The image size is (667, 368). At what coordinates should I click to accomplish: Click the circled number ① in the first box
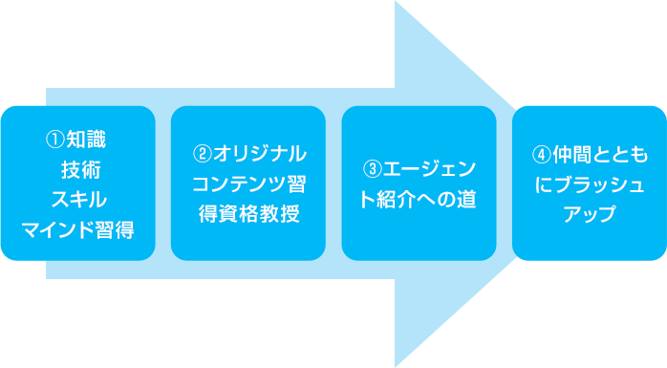point(55,140)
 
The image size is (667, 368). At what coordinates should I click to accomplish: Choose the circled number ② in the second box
point(202,154)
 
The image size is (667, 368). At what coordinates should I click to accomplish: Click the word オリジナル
point(259,154)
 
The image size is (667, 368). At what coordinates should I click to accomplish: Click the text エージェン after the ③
point(428,169)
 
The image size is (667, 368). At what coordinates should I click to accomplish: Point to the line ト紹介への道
point(419,199)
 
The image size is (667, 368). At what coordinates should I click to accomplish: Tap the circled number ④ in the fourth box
point(542,154)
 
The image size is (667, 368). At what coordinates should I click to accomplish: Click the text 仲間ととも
point(599,154)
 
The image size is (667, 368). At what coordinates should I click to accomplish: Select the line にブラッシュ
point(590,184)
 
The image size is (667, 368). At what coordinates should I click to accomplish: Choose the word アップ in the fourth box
point(590,213)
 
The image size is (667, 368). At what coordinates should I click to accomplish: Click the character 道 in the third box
point(466,199)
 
